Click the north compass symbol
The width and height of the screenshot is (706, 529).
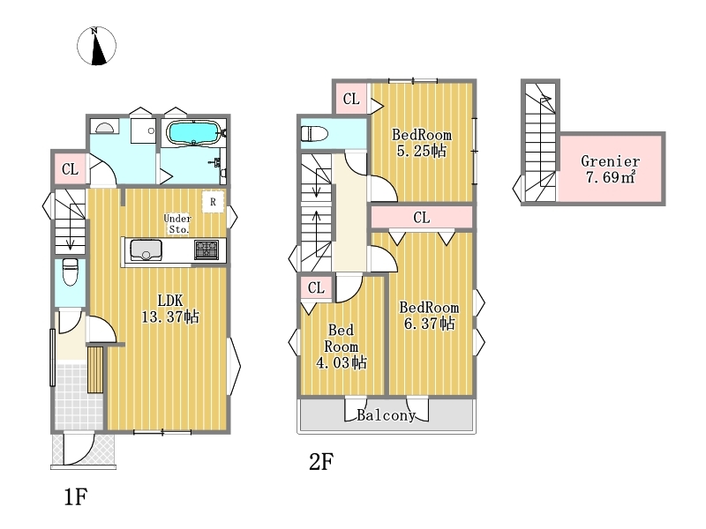coord(96,46)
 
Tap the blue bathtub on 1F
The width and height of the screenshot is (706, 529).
coord(193,133)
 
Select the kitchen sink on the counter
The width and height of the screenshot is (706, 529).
coord(146,250)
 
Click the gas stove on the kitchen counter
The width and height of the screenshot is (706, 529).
coord(207,250)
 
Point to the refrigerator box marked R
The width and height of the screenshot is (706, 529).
coord(213,202)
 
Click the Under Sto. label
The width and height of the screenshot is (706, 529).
coord(177,224)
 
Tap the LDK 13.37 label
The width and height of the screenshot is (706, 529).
coord(170,308)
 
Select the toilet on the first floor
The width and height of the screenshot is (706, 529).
coord(71,272)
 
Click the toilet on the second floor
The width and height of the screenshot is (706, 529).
coord(314,134)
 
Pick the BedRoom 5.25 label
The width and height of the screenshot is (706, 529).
coord(422,143)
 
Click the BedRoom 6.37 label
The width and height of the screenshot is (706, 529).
coord(429,316)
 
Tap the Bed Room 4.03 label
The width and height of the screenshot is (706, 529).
coord(342,346)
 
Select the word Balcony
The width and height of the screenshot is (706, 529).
coord(386,414)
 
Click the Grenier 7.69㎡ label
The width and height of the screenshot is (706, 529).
coord(610,168)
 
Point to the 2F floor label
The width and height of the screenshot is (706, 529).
coord(321,461)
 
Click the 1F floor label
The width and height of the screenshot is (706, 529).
coord(75,496)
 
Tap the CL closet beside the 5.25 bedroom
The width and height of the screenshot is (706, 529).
coord(351,99)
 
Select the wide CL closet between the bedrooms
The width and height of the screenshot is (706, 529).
coord(422,218)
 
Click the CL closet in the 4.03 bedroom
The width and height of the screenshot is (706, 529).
coord(316,287)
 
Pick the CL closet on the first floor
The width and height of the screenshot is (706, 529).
coord(70,169)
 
